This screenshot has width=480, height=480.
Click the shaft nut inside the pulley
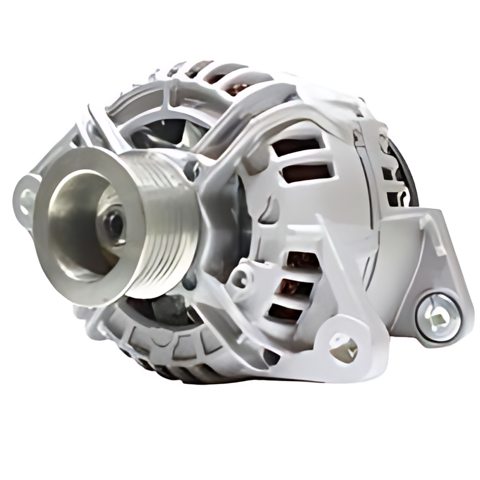pos(113,224)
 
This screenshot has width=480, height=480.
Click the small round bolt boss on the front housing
pos(241,277)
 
